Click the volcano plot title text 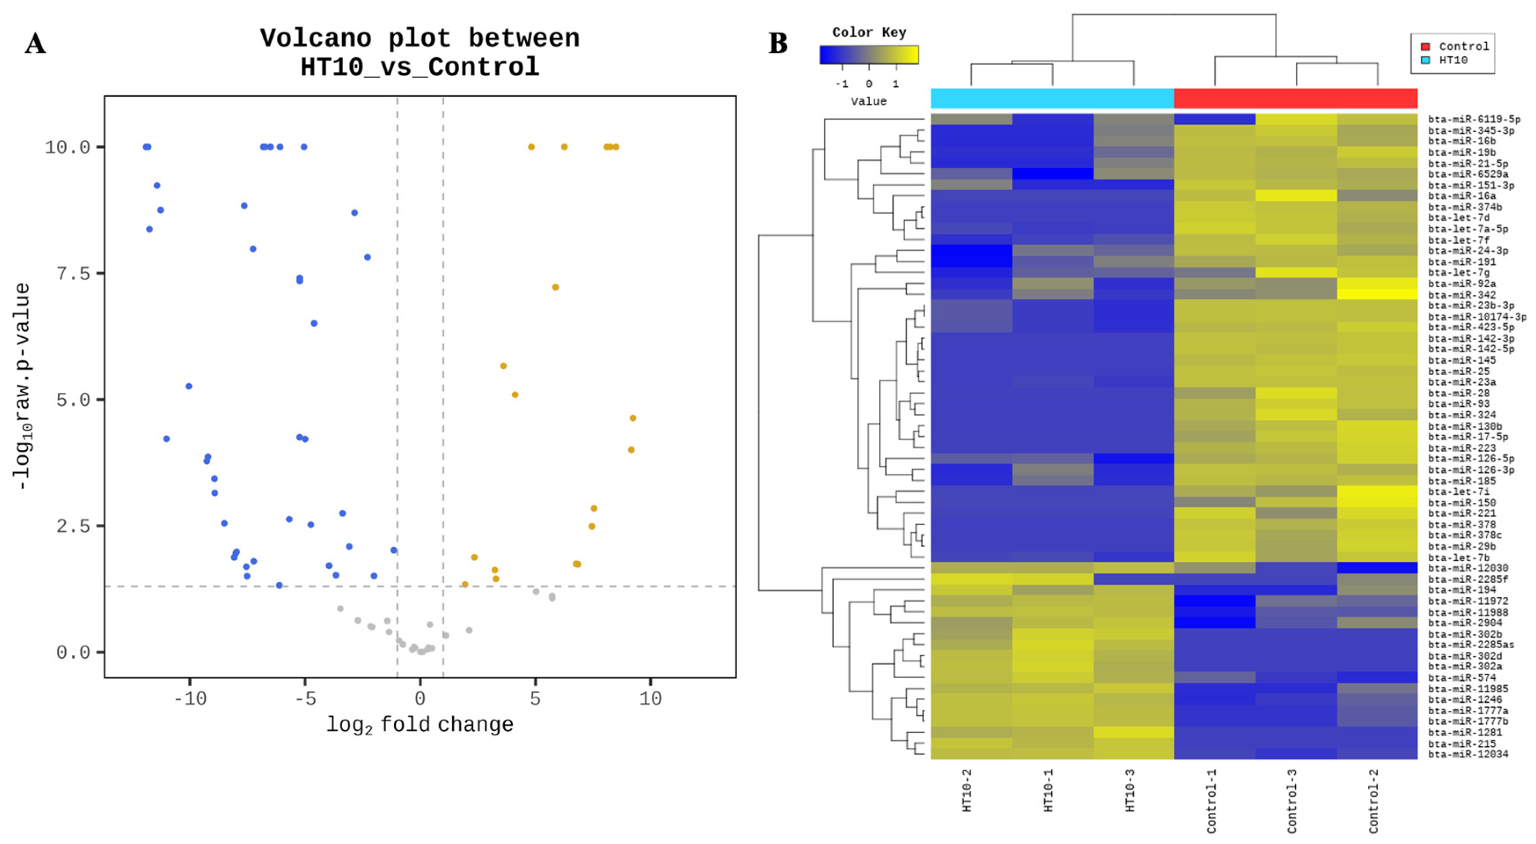coord(420,52)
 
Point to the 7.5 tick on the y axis coord(72,274)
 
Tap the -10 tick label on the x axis coord(190,698)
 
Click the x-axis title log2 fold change coord(420,725)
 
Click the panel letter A coord(35,44)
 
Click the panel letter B coord(778,44)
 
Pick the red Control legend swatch coord(1425,47)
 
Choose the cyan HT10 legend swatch coord(1425,60)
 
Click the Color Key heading coord(869,32)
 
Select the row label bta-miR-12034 coord(1468,755)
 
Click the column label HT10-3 coord(1129,790)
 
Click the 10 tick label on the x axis coord(650,698)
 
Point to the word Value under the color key coord(868,101)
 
